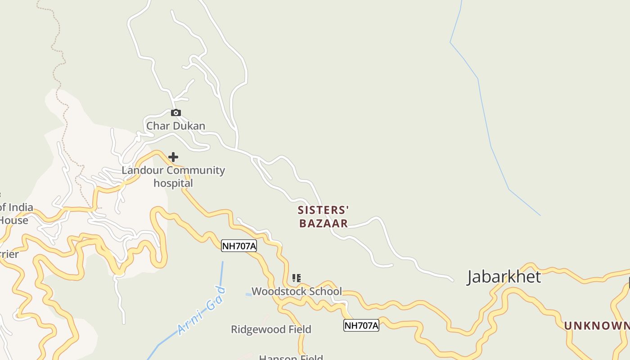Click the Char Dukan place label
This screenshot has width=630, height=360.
click(x=175, y=126)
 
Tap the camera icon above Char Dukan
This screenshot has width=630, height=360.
click(x=176, y=112)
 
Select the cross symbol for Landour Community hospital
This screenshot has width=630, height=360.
click(x=173, y=157)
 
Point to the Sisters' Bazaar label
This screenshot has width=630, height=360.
click(x=324, y=216)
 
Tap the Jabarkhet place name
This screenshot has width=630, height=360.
click(x=504, y=276)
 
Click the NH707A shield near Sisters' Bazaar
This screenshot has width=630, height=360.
click(x=239, y=246)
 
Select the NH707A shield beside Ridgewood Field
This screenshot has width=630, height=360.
click(x=361, y=325)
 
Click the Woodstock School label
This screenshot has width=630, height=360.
click(x=297, y=291)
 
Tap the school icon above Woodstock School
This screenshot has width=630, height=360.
click(x=296, y=278)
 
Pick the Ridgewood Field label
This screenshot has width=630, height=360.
click(x=271, y=329)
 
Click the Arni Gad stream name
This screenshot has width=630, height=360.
click(x=201, y=310)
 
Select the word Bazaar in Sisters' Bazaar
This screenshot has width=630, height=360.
click(x=324, y=223)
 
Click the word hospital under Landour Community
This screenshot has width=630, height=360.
click(x=173, y=183)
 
